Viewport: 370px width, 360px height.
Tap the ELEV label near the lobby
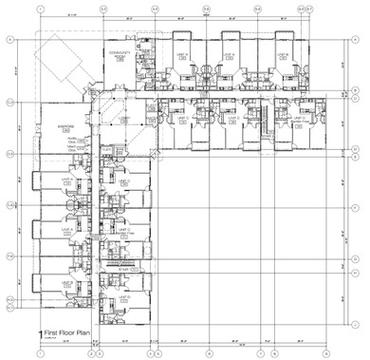tap(106, 149)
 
